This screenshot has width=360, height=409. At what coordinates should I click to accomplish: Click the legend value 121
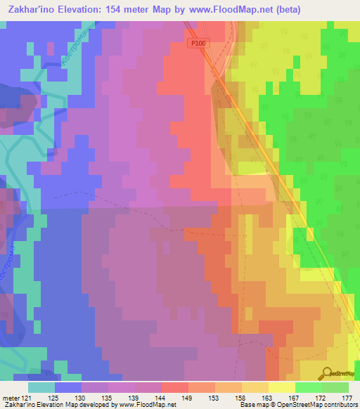point(27,398)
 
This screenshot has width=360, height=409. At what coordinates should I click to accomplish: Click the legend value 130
point(82,398)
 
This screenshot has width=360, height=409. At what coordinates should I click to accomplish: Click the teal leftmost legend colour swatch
point(41,387)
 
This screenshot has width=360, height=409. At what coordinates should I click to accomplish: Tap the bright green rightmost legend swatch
point(335,387)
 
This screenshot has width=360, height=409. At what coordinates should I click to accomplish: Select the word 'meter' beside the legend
point(10,398)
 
